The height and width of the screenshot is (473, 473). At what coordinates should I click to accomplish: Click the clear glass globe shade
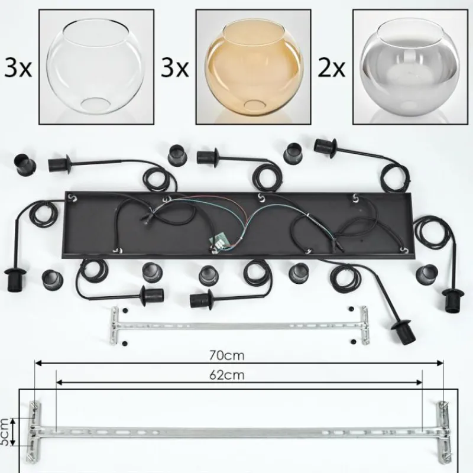(x=96, y=66)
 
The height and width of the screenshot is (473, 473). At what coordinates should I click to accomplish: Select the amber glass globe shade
(x=254, y=66)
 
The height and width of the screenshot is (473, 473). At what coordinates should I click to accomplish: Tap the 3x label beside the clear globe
(x=18, y=68)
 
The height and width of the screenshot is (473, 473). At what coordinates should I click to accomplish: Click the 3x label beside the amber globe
(x=175, y=68)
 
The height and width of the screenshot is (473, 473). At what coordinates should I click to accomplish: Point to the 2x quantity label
(x=332, y=68)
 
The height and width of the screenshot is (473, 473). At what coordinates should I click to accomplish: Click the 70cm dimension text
(x=227, y=356)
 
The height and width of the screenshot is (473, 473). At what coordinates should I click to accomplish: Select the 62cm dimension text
(x=227, y=375)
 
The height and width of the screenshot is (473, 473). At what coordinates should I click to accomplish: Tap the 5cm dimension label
(x=4, y=432)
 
